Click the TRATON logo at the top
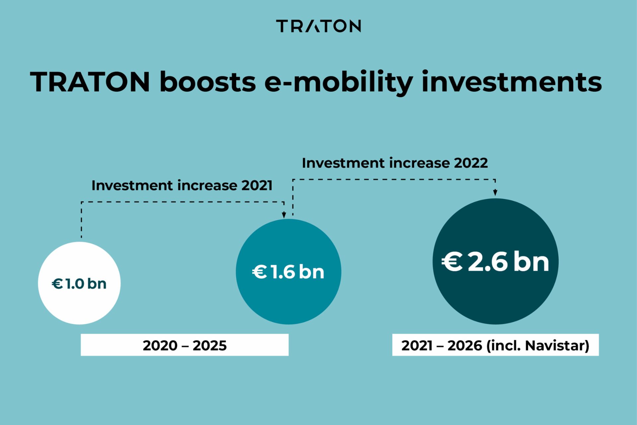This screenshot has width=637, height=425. pos(318,26)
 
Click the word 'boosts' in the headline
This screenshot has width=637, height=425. pos(208,82)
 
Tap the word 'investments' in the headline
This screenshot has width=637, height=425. pos(511,82)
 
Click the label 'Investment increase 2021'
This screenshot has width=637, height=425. pos(182,185)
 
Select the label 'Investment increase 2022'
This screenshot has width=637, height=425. pos(395,163)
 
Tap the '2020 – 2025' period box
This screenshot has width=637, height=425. pos(184,345)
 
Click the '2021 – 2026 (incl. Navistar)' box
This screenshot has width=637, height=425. pos(495,345)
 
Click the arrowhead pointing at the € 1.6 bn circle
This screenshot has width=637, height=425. pos(284,215)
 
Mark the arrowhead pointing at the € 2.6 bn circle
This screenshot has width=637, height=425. pos(495,193)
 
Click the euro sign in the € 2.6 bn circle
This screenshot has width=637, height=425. pos(452,262)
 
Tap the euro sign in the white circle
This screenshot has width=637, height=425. pos(57,284)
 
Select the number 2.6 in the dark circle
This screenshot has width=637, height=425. pos(488,262)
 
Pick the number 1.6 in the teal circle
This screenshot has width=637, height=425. pos(283,272)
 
